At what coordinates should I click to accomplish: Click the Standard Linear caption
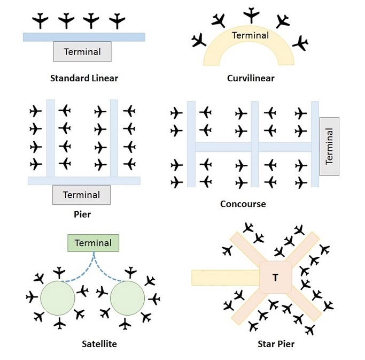(x=84, y=78)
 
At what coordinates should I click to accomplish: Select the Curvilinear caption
(x=251, y=78)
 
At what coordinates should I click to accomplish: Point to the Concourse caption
(x=243, y=204)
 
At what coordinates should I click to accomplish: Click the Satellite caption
(x=99, y=343)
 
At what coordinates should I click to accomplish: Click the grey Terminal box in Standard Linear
(x=82, y=52)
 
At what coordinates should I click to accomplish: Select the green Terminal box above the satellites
(x=93, y=243)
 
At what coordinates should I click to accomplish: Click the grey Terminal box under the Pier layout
(x=81, y=195)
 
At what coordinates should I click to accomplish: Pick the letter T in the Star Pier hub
(x=275, y=278)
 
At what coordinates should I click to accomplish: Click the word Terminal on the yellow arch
(x=250, y=35)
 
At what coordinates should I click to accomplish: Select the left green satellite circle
(x=58, y=297)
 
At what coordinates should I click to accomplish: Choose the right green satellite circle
(x=127, y=297)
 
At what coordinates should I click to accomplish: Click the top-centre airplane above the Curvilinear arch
(x=251, y=14)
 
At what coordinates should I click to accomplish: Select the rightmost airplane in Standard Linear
(x=117, y=20)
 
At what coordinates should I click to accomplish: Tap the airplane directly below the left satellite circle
(x=59, y=323)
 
